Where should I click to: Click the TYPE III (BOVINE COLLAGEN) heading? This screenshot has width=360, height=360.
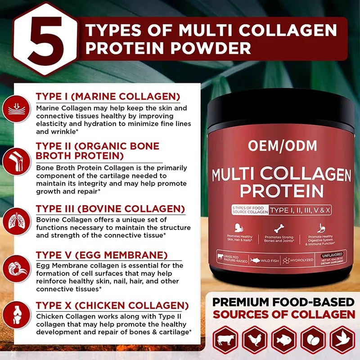(x=110, y=209)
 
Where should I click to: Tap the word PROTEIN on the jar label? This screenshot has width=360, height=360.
(x=282, y=190)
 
